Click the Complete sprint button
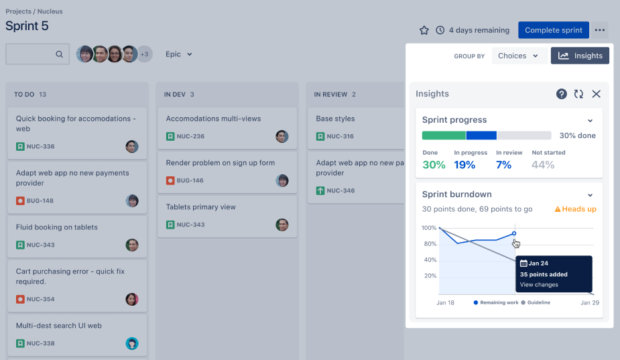553,30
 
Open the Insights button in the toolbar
580,56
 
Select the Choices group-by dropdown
519,56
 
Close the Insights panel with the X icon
596,94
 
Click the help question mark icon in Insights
562,94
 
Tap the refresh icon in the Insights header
578,94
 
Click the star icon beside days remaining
424,30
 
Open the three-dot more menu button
600,30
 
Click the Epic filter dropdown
179,54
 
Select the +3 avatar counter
145,54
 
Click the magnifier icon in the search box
59,54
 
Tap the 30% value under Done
434,165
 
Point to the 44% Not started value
543,165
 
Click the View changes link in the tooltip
539,285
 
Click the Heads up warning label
576,209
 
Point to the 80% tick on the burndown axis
430,244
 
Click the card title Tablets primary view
201,207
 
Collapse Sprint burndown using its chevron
591,195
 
